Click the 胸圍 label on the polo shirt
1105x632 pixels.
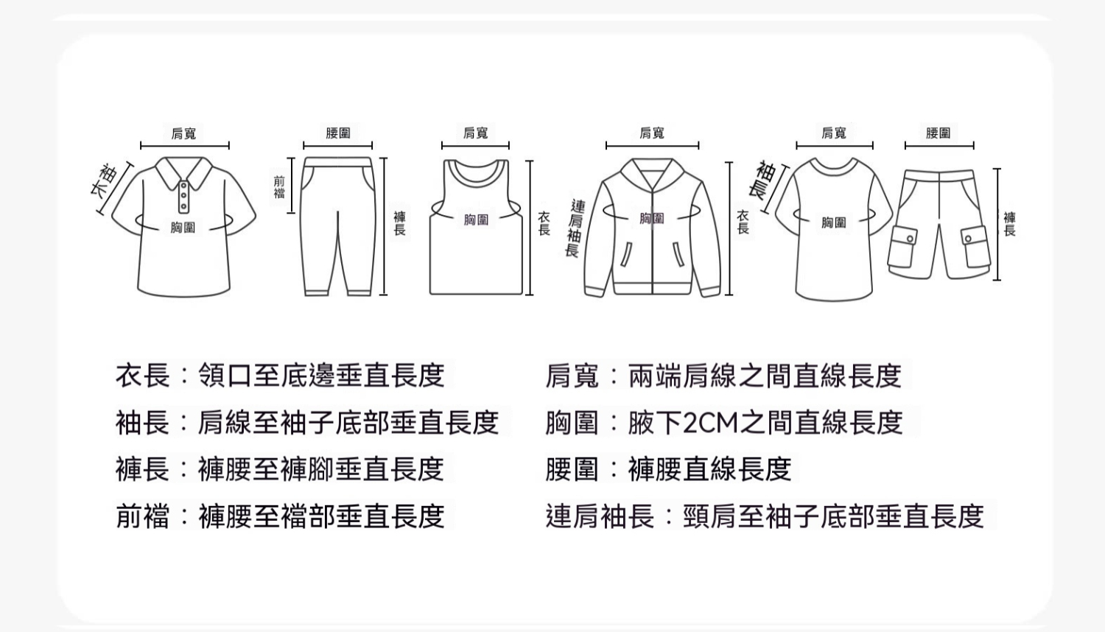point(183,228)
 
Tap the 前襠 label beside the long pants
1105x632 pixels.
point(279,188)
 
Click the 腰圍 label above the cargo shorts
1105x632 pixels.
point(939,133)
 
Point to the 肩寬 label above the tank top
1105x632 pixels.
point(476,133)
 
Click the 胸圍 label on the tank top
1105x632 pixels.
point(476,220)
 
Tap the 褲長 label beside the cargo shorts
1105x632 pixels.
point(1009,224)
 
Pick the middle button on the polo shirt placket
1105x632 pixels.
point(183,196)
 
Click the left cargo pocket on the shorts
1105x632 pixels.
point(902,247)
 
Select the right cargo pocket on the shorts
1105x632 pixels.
point(976,246)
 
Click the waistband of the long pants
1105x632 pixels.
point(337,162)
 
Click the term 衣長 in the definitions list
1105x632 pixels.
point(143,375)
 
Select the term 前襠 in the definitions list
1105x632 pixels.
point(143,516)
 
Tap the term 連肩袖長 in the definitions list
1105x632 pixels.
point(600,516)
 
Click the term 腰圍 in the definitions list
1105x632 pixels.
point(572,469)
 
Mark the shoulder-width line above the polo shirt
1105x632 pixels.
point(185,146)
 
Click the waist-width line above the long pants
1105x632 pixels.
point(338,146)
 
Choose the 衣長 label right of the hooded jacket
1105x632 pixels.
point(743,222)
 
